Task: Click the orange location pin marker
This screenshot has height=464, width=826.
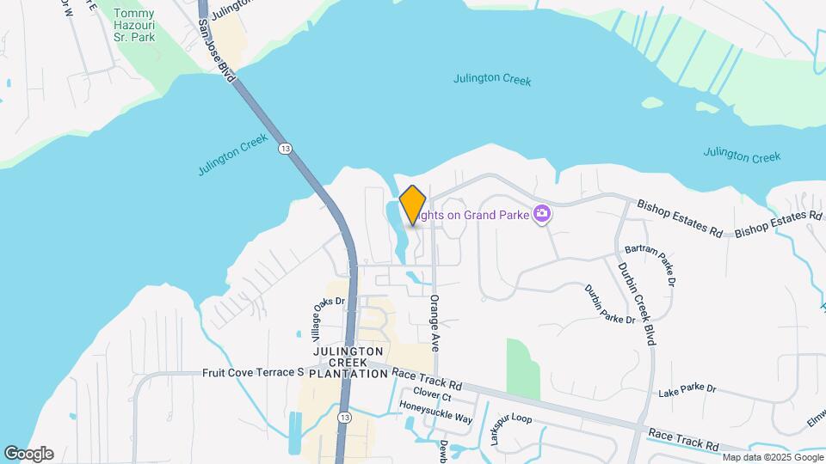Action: [413, 205]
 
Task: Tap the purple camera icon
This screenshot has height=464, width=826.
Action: [542, 213]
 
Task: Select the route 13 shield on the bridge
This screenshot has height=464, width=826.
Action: [285, 149]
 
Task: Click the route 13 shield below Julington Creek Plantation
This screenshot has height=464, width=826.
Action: [344, 417]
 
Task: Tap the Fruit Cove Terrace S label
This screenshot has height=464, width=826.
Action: [254, 373]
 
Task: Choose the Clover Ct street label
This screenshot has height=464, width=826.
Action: [432, 397]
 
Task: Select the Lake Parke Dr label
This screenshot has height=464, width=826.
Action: [687, 389]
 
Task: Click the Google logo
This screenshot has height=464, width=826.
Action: [28, 454]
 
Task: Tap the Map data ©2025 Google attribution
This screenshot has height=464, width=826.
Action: [772, 457]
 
